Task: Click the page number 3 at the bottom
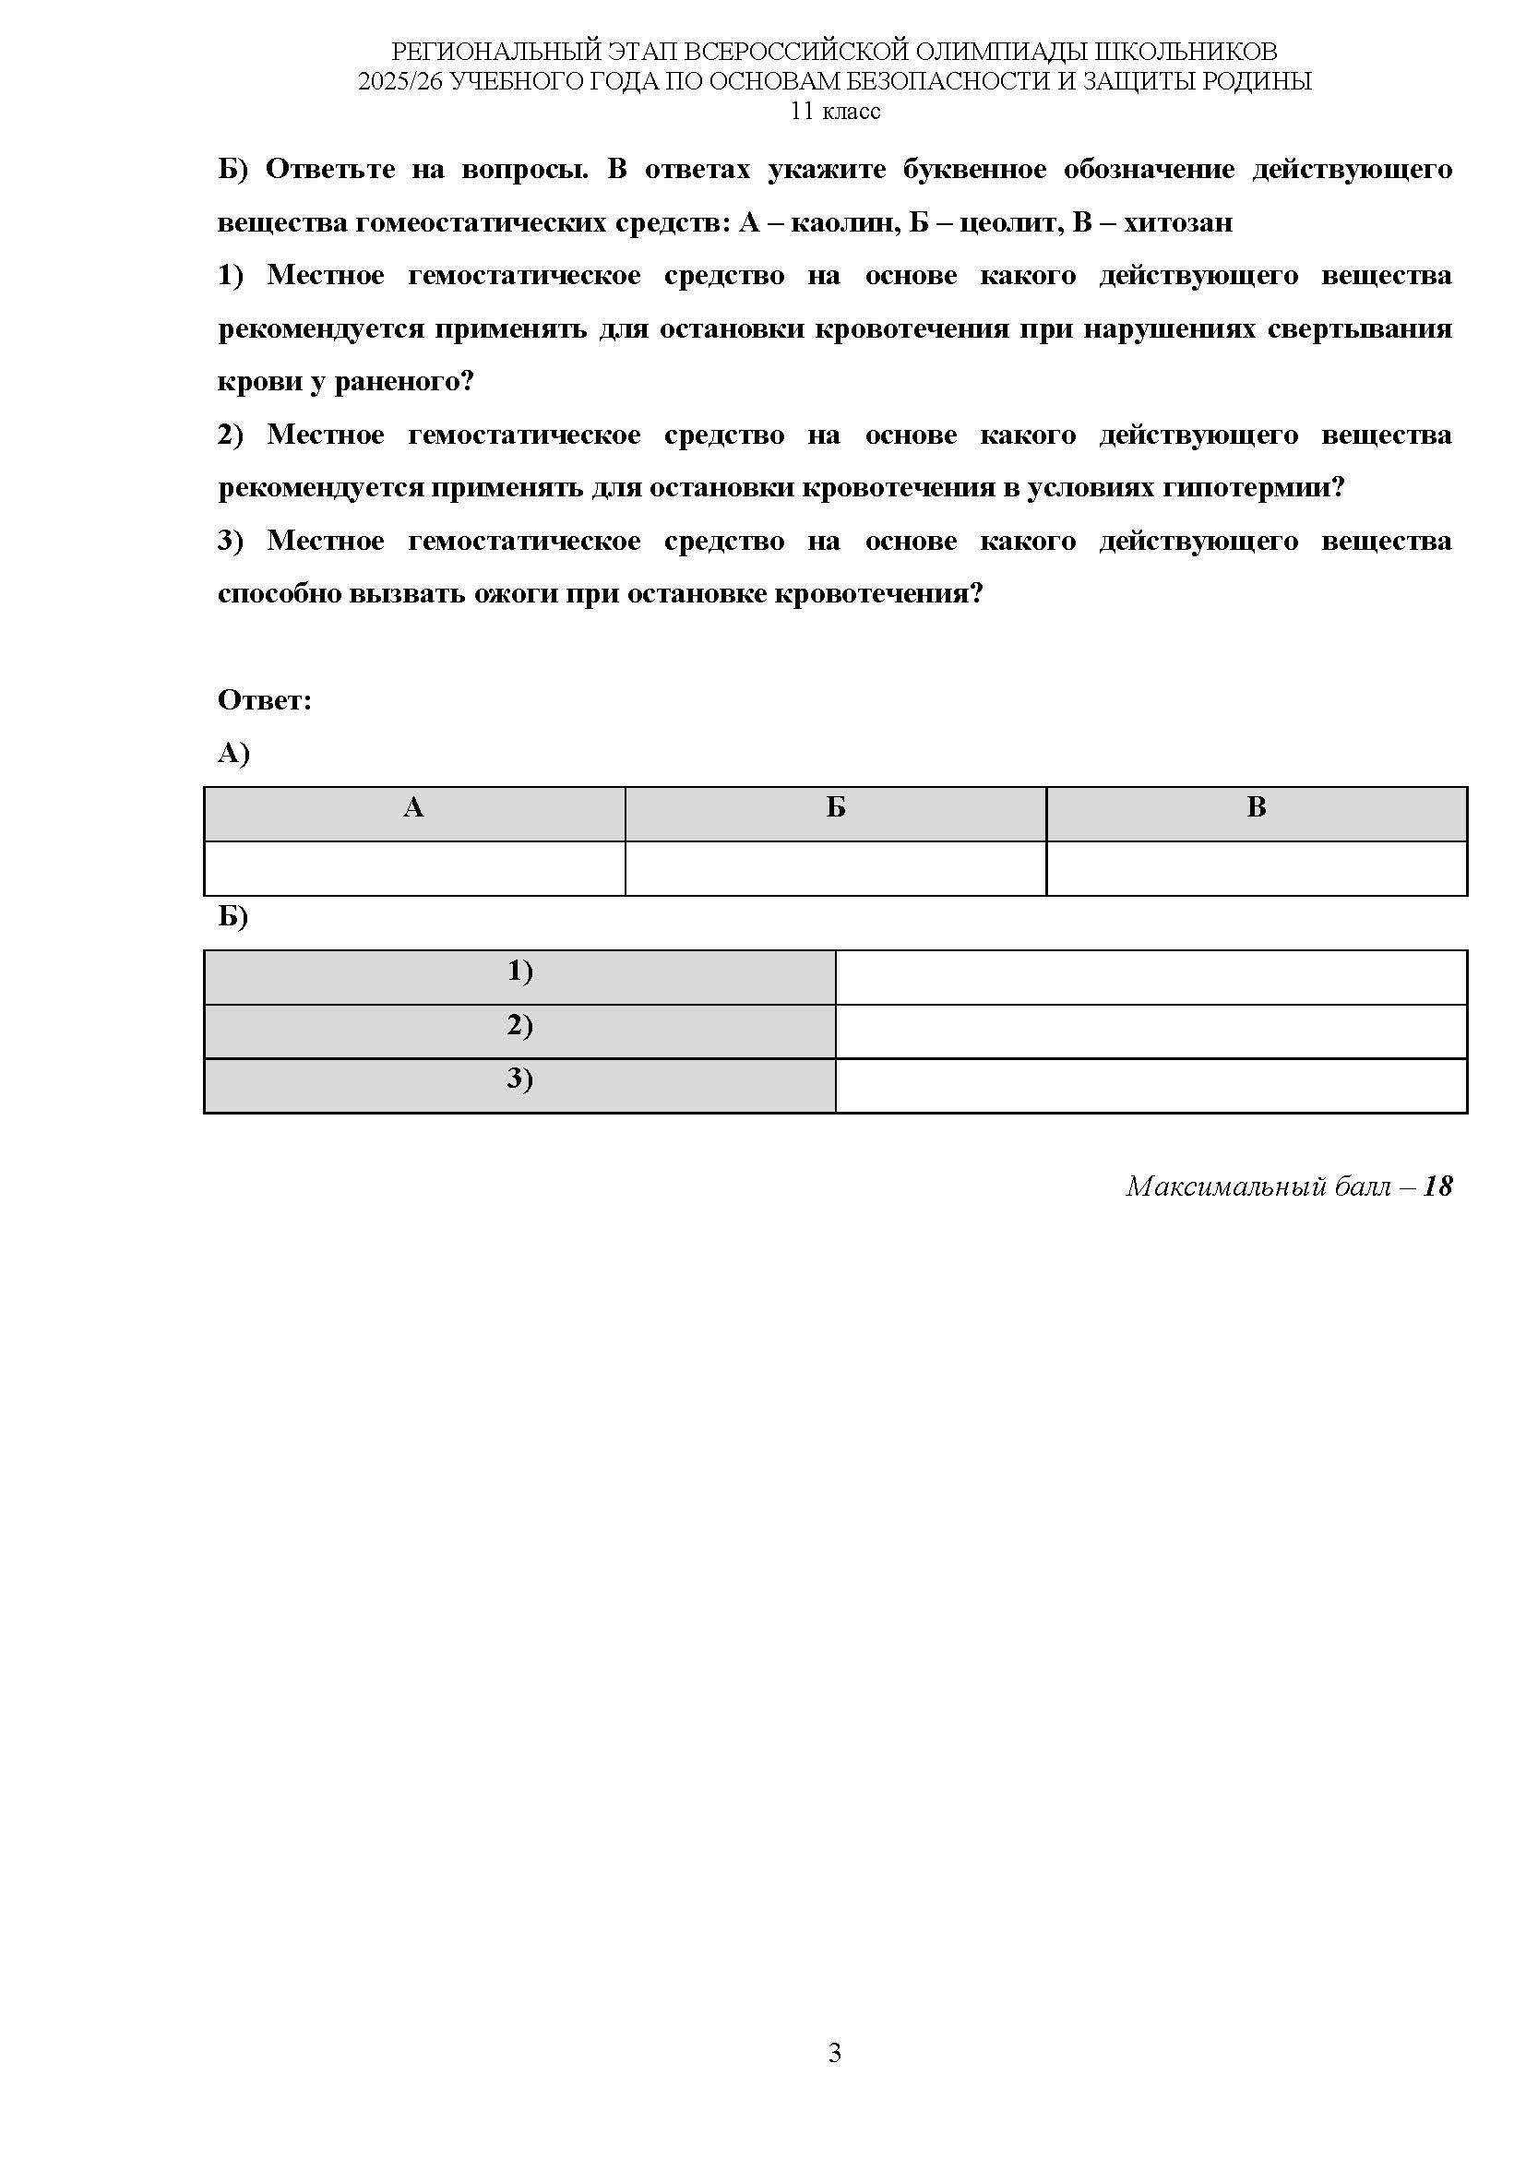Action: pos(834,2079)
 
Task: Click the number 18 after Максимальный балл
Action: pos(1437,1186)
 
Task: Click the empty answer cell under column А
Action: pos(413,868)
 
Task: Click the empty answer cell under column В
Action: pos(1257,868)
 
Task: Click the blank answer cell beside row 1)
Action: pos(1151,977)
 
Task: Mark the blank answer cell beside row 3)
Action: pos(1151,1086)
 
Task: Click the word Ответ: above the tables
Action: pos(264,700)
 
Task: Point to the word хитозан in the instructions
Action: pos(1178,222)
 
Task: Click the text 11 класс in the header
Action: pos(835,111)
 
